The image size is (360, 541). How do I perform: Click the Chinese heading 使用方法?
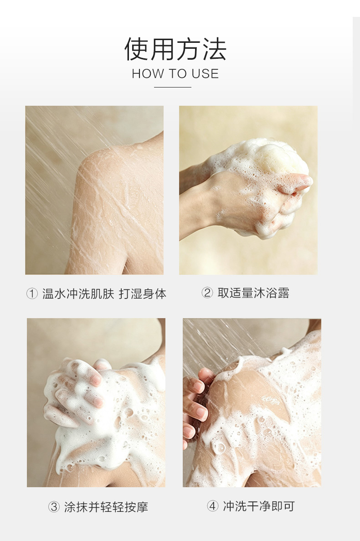[x=175, y=49]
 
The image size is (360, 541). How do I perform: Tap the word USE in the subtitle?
[x=205, y=74]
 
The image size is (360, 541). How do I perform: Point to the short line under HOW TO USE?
[x=172, y=88]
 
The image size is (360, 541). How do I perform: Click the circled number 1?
[x=32, y=294]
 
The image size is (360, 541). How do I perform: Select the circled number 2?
[x=207, y=293]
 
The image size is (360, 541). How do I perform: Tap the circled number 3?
[x=54, y=507]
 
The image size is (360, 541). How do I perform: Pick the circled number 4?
[x=212, y=506]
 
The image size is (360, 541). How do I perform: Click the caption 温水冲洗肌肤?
[x=78, y=294]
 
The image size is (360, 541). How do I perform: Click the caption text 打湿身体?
[x=143, y=294]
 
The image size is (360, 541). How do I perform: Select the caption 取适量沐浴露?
[x=253, y=293]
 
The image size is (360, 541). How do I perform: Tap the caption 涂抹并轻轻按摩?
[x=106, y=507]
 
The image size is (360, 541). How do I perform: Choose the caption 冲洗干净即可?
[x=259, y=506]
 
